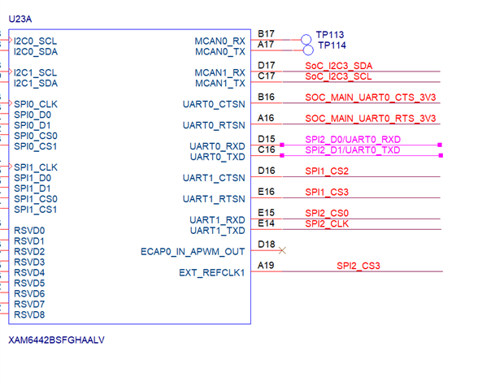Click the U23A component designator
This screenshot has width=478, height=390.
click(20, 19)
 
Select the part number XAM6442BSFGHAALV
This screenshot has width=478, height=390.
click(56, 340)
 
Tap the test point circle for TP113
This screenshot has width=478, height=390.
click(306, 40)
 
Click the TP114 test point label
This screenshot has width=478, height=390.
click(332, 45)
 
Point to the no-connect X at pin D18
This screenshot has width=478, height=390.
click(282, 250)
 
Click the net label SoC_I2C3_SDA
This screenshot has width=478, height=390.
click(339, 66)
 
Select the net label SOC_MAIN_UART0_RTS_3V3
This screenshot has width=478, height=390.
click(371, 119)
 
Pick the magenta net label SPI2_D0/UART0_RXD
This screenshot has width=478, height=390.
click(353, 140)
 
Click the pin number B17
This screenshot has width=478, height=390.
click(266, 33)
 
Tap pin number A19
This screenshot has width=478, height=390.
click(266, 266)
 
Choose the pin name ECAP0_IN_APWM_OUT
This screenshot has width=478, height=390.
click(193, 252)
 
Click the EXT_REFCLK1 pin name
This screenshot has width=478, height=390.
click(212, 273)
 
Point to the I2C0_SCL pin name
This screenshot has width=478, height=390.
click(36, 41)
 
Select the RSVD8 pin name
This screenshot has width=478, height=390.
click(29, 314)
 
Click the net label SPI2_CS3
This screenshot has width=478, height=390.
click(358, 266)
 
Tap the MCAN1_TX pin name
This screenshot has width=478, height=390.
click(220, 83)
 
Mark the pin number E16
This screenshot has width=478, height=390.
click(266, 192)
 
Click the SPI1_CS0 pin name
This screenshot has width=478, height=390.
click(36, 199)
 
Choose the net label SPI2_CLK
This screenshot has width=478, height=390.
click(327, 223)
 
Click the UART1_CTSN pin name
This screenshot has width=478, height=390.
click(214, 178)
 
